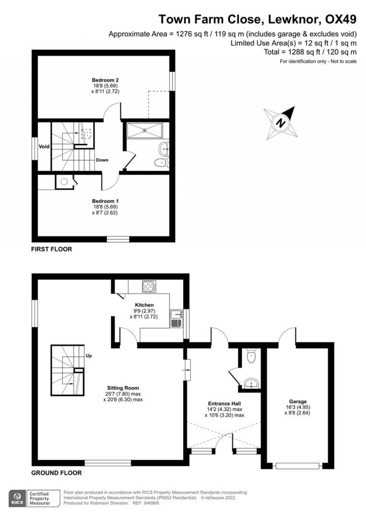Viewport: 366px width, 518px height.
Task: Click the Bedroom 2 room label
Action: coord(105,80)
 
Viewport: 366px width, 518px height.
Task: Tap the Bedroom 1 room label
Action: coord(105,201)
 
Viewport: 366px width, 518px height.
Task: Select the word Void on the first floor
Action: coord(44,146)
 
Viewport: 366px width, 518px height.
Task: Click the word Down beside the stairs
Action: coord(102,160)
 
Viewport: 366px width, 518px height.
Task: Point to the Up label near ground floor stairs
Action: coord(89,356)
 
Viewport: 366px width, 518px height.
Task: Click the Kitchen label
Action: coord(144,305)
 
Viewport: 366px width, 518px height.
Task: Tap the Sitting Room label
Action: coord(123,388)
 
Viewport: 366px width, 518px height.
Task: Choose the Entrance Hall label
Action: coord(224,403)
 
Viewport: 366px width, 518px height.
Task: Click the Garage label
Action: coord(298,401)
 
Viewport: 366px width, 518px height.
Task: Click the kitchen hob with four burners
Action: coord(149,286)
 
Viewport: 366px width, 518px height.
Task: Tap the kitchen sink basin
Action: coord(177,314)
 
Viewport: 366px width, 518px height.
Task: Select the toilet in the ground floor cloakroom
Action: coord(251,357)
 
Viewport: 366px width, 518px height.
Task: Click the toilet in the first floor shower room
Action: coord(161,163)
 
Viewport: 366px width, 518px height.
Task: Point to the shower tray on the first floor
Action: coord(145,131)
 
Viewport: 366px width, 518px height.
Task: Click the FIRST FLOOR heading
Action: coord(52,249)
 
